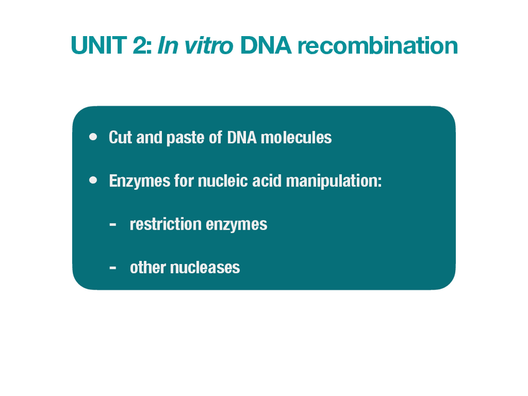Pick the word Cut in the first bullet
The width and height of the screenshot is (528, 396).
click(120, 138)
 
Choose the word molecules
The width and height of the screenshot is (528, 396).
click(295, 138)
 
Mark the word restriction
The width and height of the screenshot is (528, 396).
click(161, 224)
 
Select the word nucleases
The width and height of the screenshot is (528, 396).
click(205, 268)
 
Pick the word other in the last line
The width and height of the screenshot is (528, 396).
click(148, 268)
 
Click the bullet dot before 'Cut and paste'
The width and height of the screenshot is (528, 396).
click(93, 136)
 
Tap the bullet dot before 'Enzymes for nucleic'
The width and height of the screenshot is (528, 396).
click(93, 181)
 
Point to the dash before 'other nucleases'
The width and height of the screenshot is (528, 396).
click(112, 268)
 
